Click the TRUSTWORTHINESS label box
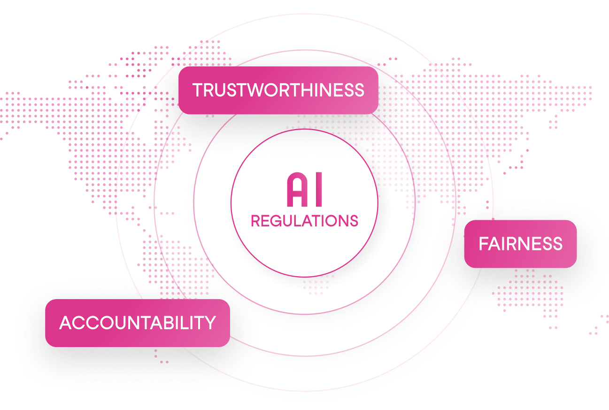coord(278,90)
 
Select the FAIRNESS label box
coord(520,244)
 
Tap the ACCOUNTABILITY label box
coord(137,323)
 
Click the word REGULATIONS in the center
coord(304,221)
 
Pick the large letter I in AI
coord(318,190)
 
